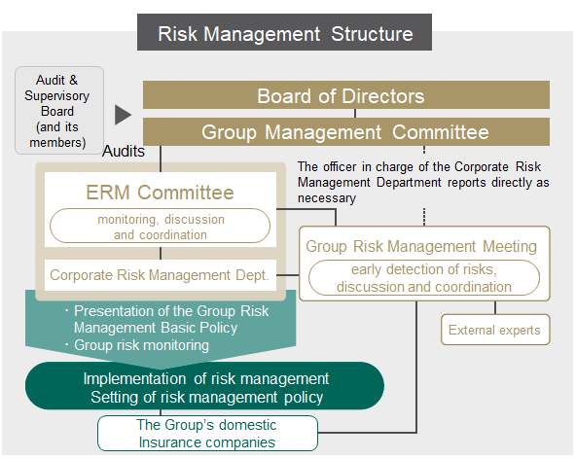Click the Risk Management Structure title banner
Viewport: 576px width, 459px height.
tap(284, 32)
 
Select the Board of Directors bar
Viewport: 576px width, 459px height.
tap(346, 95)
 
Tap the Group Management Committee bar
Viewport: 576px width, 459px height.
tap(346, 132)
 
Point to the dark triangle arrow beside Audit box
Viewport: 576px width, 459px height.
tap(123, 115)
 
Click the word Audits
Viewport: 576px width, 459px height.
tap(124, 152)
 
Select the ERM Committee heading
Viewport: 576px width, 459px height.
tap(160, 193)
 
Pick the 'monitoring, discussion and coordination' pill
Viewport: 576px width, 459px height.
tap(160, 226)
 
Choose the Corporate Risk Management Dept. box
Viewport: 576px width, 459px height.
tap(161, 275)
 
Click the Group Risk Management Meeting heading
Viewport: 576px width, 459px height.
tap(421, 246)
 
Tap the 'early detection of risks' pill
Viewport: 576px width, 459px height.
tap(424, 277)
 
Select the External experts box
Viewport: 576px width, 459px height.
tap(495, 330)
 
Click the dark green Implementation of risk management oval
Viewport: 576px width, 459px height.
tap(204, 386)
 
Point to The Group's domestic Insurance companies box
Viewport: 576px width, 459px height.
tap(207, 434)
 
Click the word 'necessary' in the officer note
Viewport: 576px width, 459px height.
tap(327, 198)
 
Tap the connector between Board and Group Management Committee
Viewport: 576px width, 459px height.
tap(355, 114)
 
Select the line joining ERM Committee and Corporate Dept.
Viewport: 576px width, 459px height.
tap(161, 254)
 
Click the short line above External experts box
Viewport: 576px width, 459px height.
tap(495, 307)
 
